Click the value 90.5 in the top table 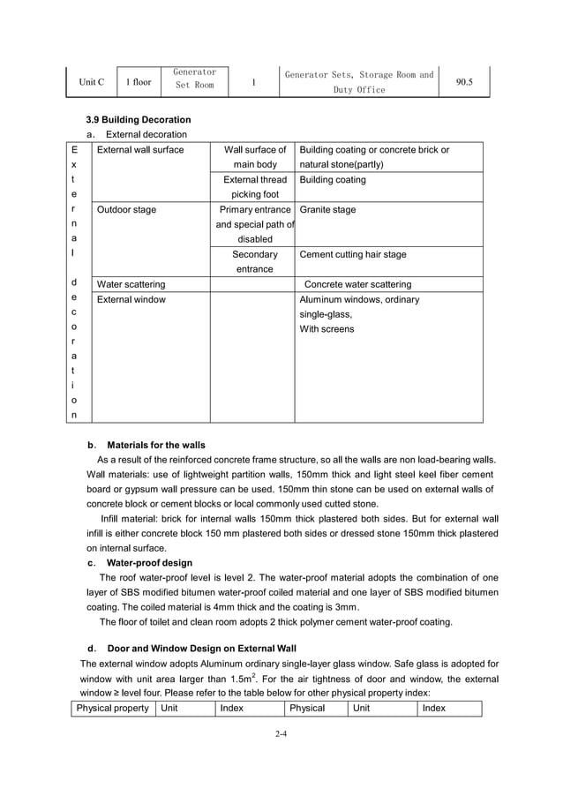(464, 82)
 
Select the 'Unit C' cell (91, 82)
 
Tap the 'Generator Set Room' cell (195, 79)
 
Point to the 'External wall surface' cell (140, 150)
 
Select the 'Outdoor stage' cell (126, 210)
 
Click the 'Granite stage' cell (328, 210)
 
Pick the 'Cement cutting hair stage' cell (353, 254)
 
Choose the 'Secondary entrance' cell (254, 261)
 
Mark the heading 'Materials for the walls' (155, 445)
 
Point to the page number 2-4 (281, 732)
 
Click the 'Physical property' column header (113, 708)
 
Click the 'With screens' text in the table (327, 329)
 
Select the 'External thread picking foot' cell (254, 187)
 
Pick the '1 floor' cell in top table (138, 82)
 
